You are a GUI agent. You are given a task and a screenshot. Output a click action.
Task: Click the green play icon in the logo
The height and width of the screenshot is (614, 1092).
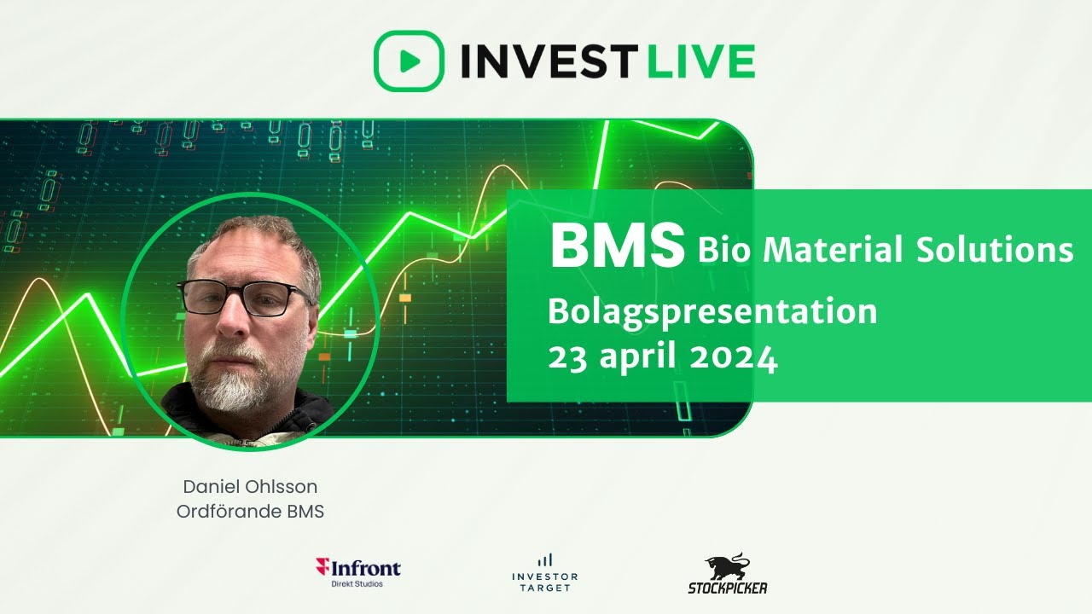tap(409, 61)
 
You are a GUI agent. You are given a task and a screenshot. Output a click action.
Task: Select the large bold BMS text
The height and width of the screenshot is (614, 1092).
tap(617, 246)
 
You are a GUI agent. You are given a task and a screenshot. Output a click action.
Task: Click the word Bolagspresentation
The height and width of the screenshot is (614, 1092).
tap(712, 312)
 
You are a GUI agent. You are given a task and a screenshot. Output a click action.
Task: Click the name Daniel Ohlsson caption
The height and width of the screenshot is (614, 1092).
tap(250, 487)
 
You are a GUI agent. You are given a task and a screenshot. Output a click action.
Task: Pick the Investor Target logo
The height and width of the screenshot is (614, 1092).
tap(544, 571)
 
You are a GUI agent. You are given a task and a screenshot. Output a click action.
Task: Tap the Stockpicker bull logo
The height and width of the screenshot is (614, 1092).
tap(727, 574)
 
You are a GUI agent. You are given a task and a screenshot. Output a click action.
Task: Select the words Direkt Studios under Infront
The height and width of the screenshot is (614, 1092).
tap(357, 583)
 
